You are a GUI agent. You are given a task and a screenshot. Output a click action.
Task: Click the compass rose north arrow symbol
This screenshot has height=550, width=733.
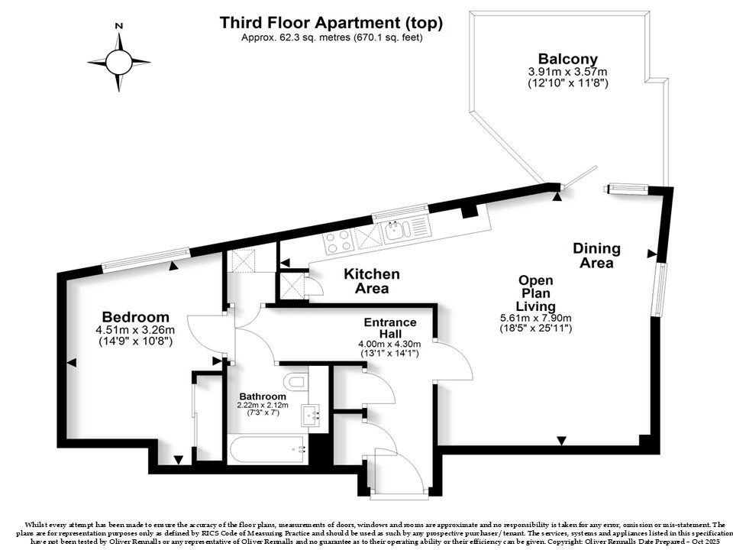[x=119, y=62]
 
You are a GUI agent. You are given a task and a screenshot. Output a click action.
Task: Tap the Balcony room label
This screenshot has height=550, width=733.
[x=568, y=59]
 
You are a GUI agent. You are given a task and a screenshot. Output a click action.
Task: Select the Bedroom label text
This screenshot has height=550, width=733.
[x=136, y=317]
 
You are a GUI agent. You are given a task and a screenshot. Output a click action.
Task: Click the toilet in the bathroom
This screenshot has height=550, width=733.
[x=296, y=381]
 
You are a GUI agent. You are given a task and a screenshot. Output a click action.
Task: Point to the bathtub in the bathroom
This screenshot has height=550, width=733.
[x=268, y=450]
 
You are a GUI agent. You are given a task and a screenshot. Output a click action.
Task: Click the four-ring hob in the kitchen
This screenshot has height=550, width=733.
[x=338, y=241]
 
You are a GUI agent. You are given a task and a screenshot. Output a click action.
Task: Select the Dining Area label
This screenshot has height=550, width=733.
[x=596, y=255]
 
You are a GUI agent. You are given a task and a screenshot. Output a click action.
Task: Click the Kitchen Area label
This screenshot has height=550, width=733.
[x=372, y=280]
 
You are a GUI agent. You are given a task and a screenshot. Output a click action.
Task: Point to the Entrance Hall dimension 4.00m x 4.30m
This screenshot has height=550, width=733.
[x=389, y=345]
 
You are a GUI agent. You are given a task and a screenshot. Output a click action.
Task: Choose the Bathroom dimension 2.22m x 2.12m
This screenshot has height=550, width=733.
[x=263, y=405]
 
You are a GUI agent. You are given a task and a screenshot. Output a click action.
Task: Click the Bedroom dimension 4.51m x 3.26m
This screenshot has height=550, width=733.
[x=135, y=330]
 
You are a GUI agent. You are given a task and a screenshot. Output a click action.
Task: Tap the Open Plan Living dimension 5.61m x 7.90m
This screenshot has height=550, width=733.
[x=536, y=318]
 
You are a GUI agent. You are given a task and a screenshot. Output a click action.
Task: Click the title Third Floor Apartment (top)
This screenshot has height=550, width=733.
[x=331, y=22]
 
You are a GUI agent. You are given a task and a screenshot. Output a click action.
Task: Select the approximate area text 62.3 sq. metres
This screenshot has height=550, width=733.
[x=296, y=38]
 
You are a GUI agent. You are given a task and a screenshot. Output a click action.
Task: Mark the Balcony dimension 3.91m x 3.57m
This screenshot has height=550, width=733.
[x=568, y=72]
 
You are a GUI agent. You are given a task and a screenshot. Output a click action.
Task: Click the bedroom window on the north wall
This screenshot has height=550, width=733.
[x=147, y=260]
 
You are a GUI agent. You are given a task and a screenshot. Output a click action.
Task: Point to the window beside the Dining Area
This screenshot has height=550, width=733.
[x=660, y=290]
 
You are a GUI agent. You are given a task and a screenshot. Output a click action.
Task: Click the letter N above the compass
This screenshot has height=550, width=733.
[x=119, y=26]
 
